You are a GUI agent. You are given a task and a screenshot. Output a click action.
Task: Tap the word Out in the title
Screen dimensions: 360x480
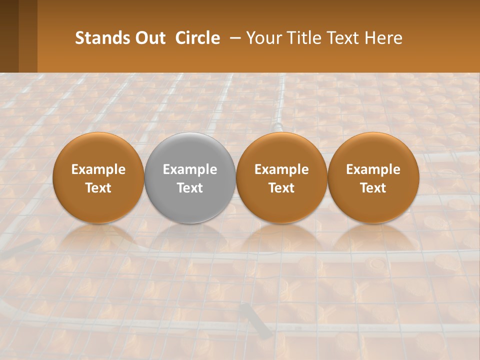click(x=149, y=38)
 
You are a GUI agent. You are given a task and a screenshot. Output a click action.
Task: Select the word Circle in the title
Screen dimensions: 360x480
click(x=197, y=38)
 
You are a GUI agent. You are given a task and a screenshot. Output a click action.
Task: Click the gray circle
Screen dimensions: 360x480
click(x=189, y=150)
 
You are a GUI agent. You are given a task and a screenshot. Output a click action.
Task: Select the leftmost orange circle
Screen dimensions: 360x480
click(x=98, y=150)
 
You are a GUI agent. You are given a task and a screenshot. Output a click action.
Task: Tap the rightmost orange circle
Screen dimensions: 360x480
click(x=373, y=150)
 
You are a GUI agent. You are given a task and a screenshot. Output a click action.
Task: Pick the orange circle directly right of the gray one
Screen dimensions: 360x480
click(x=281, y=150)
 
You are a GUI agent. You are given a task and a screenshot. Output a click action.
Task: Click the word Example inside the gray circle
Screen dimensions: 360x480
click(x=190, y=169)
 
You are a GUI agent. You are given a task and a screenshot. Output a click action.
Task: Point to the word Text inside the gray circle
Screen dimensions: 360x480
click(x=190, y=188)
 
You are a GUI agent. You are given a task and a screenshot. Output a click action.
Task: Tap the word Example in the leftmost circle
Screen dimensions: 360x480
click(x=98, y=169)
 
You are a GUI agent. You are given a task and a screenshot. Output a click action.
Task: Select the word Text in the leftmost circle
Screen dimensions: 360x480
click(x=98, y=188)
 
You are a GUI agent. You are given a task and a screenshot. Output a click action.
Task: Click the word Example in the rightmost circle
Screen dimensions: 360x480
click(x=373, y=169)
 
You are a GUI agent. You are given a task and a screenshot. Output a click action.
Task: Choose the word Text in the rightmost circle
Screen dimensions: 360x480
click(x=373, y=188)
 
